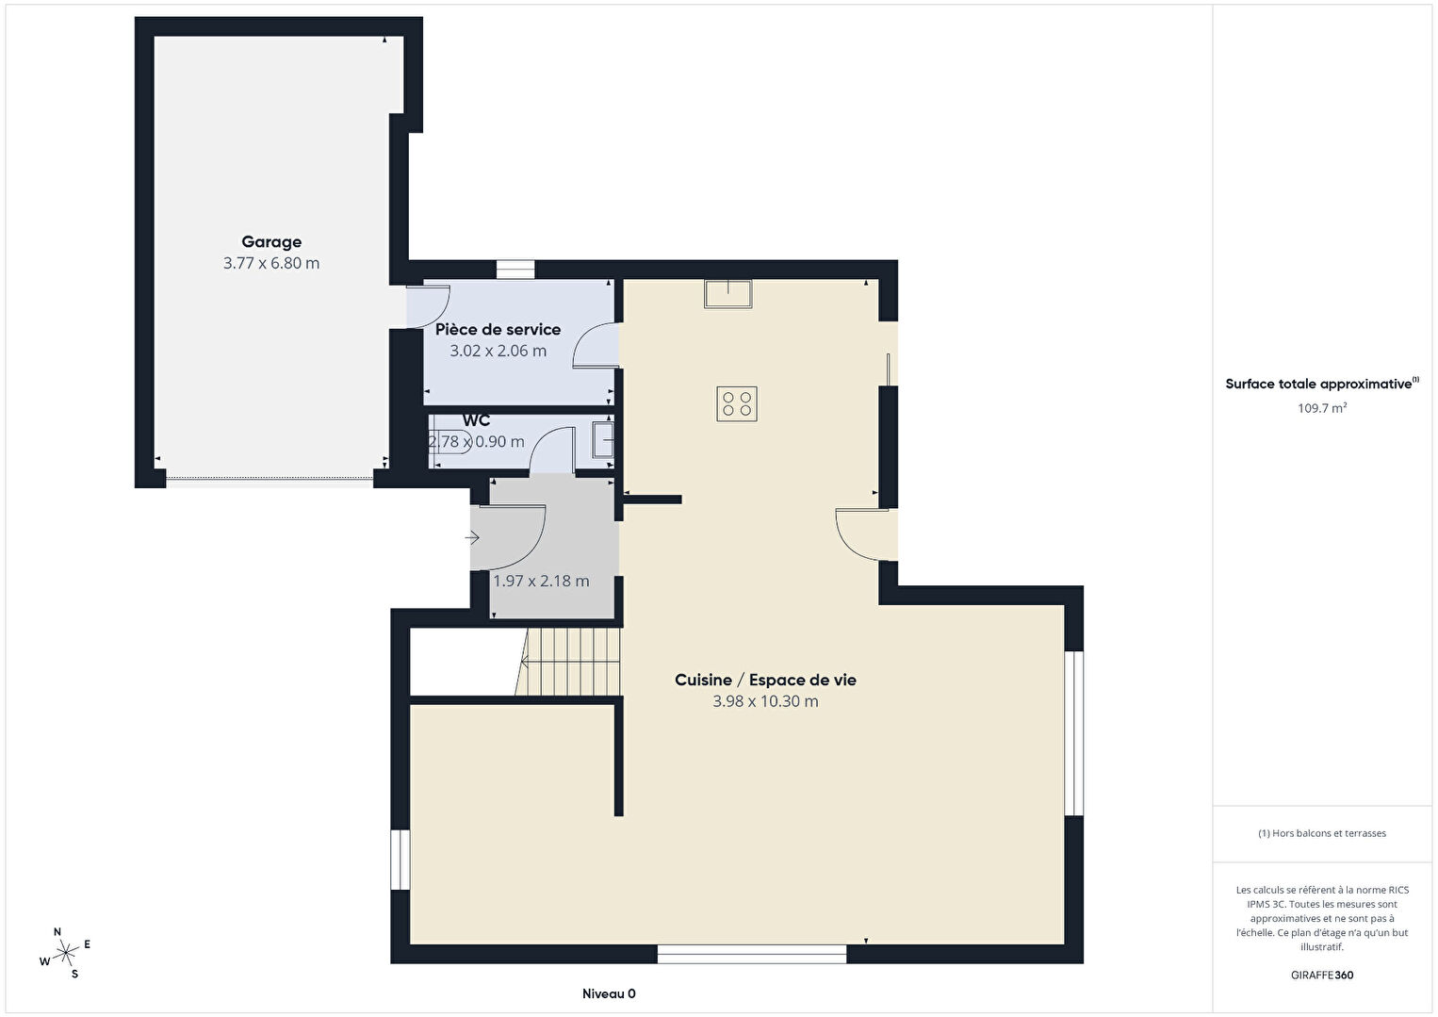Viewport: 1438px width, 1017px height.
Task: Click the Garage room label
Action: coord(271,242)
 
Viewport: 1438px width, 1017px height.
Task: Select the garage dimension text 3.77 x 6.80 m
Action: coord(271,263)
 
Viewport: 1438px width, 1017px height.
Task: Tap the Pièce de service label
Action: coord(498,329)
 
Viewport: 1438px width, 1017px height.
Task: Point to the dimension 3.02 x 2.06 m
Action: coord(498,351)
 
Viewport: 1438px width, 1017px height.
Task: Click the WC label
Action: coord(476,420)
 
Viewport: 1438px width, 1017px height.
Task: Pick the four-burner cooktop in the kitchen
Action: coord(737,403)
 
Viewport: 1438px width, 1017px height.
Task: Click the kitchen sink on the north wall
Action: coord(728,294)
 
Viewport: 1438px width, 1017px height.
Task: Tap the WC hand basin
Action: coord(603,440)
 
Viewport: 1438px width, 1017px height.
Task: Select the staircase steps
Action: coord(568,662)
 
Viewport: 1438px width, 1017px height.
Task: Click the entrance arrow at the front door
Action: coord(472,537)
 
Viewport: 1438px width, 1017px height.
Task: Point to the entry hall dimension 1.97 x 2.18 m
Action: coord(541,581)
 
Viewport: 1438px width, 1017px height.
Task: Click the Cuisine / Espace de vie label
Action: coord(765,680)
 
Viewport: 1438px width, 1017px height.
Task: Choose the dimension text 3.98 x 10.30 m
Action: coord(765,701)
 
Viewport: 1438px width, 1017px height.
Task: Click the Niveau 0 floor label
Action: coord(609,993)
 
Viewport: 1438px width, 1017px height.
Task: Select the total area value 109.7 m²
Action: coord(1322,408)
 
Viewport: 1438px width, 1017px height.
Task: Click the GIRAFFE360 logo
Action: coord(1322,976)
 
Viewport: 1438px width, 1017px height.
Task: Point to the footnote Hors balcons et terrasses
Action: coord(1322,833)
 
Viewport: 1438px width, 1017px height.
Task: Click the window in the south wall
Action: coord(752,954)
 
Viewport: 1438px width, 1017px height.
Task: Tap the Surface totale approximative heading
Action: coord(1322,384)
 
